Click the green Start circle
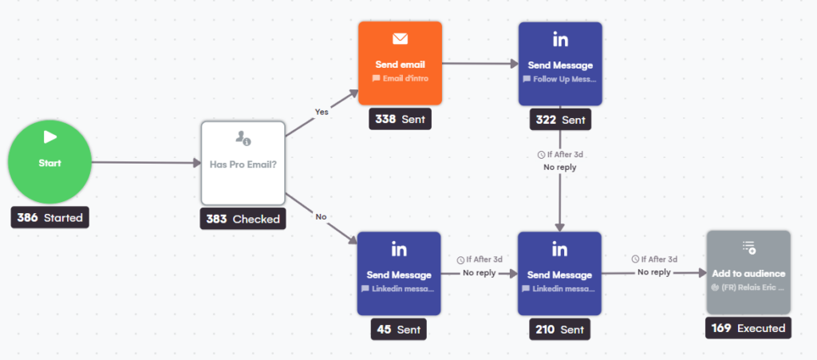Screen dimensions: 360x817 (x=49, y=162)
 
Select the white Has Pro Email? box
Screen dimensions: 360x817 (x=243, y=163)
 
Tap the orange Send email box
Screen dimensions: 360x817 (x=400, y=63)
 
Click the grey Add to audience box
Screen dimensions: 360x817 (x=748, y=272)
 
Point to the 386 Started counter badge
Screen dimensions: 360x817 (x=49, y=217)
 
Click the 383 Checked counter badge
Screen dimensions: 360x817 (x=243, y=218)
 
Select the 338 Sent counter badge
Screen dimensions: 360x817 (x=400, y=120)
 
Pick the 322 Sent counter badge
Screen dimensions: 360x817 (x=560, y=120)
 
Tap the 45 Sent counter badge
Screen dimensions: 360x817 (x=400, y=328)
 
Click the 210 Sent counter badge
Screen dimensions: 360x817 (x=560, y=328)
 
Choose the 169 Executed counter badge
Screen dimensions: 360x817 (x=748, y=328)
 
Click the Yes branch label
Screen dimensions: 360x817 (x=321, y=112)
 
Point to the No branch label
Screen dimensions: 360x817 (x=321, y=216)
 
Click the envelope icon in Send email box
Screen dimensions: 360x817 (x=400, y=38)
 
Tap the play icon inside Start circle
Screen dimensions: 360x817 (x=49, y=136)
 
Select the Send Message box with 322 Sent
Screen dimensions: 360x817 (x=560, y=63)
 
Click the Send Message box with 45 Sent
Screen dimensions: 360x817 (x=400, y=272)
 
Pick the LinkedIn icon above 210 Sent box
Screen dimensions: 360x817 (x=560, y=249)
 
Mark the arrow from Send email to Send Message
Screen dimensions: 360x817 (x=480, y=63)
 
